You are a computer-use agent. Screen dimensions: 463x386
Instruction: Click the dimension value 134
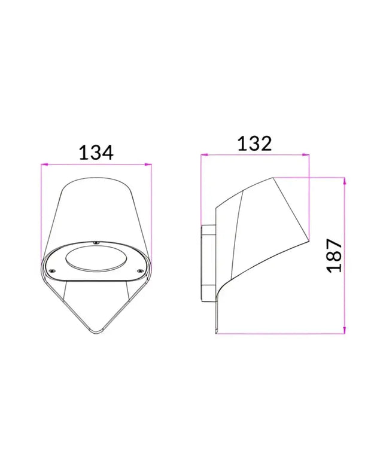96,153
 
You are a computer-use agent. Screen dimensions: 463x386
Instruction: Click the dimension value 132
254,144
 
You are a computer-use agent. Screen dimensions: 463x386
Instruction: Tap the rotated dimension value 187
333,255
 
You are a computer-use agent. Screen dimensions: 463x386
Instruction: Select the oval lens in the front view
96,260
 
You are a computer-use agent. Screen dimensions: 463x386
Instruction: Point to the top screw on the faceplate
95,243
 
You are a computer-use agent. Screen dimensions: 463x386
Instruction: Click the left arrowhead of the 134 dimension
42,164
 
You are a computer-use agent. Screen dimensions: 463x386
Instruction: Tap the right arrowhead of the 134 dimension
150,164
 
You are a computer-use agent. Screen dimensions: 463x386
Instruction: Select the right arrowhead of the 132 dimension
308,156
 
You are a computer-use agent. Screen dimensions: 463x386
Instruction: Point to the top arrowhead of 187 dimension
345,179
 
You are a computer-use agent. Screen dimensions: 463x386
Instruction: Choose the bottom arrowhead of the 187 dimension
345,333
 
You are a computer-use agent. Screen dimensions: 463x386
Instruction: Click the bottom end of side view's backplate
216,333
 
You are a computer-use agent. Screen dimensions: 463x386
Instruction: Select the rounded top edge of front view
96,178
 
